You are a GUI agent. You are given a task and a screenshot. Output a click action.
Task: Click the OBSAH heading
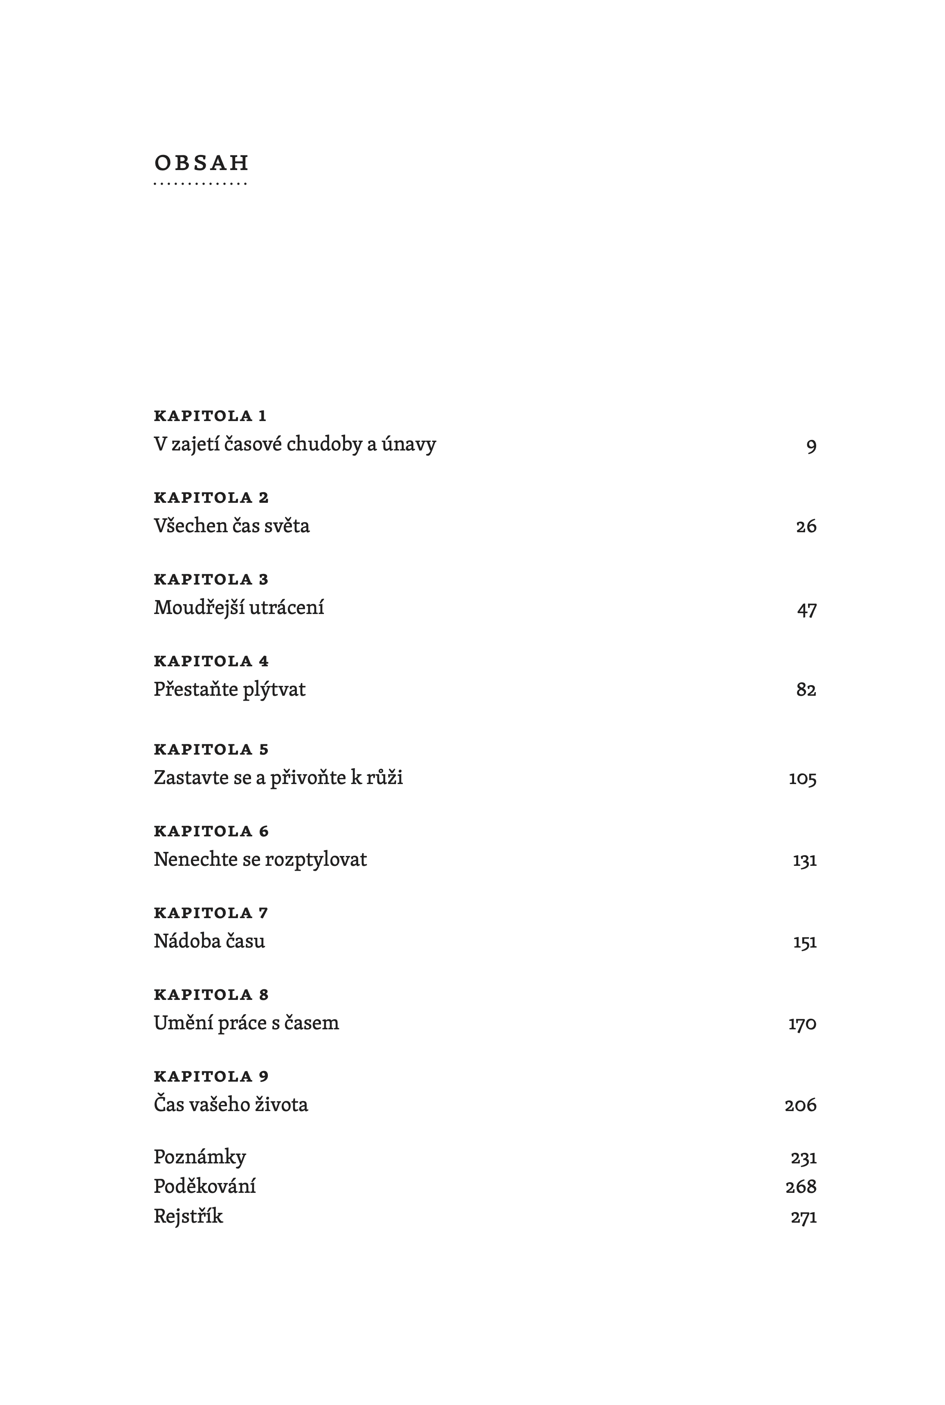[x=201, y=163]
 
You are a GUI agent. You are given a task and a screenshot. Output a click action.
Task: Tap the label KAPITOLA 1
[x=210, y=416]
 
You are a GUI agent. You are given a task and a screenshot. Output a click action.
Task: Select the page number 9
[x=811, y=446]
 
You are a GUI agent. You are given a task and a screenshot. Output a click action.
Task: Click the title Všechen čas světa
[x=231, y=525]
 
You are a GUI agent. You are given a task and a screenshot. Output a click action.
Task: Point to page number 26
[x=806, y=527]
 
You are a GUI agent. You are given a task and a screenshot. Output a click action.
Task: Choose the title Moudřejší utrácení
[x=239, y=607]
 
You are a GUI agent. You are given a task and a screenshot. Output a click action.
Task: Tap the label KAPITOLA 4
[x=211, y=661]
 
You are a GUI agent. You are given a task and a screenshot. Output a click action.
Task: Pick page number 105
[x=802, y=779]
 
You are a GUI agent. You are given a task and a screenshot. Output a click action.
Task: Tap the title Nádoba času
[x=209, y=941]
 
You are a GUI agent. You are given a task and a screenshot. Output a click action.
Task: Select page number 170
[x=802, y=1024]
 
